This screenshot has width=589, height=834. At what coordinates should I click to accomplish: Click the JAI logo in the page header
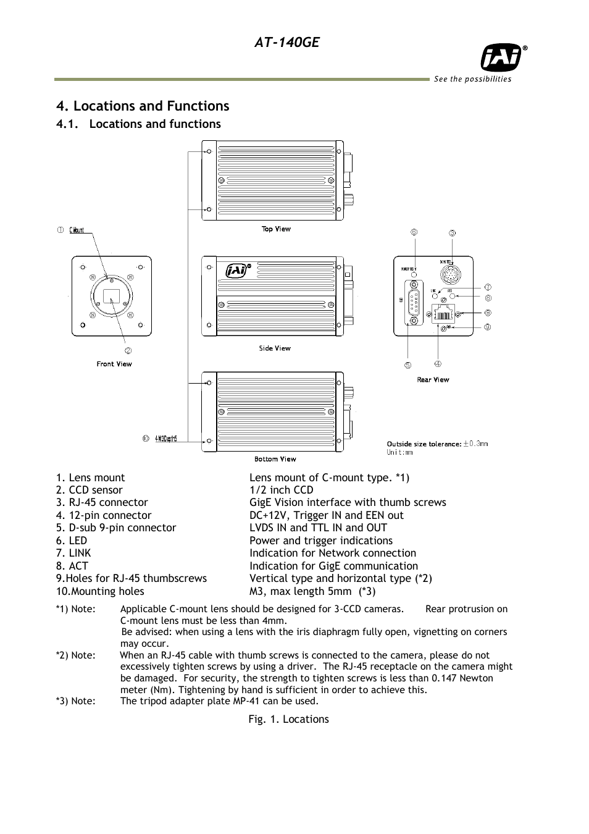501,59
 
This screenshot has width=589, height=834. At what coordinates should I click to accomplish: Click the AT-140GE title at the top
286,42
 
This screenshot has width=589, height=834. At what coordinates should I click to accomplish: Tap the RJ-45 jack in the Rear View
443,314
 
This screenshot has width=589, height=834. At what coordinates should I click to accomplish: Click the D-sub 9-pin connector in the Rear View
413,303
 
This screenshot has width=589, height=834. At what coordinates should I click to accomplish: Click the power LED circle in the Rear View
414,274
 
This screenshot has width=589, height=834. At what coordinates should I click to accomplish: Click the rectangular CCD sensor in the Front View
111,295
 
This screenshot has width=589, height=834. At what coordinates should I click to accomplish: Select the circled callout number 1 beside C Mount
61,230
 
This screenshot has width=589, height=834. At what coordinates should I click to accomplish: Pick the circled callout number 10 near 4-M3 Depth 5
146,439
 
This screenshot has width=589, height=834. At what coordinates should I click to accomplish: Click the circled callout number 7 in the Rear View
488,287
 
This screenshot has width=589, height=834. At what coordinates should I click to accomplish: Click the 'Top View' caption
276,229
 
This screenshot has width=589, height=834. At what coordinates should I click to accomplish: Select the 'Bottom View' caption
275,459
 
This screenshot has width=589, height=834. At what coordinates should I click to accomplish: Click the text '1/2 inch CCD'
281,490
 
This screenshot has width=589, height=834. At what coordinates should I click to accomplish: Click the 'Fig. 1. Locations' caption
288,719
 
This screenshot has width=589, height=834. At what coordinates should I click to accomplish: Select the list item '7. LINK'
73,553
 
